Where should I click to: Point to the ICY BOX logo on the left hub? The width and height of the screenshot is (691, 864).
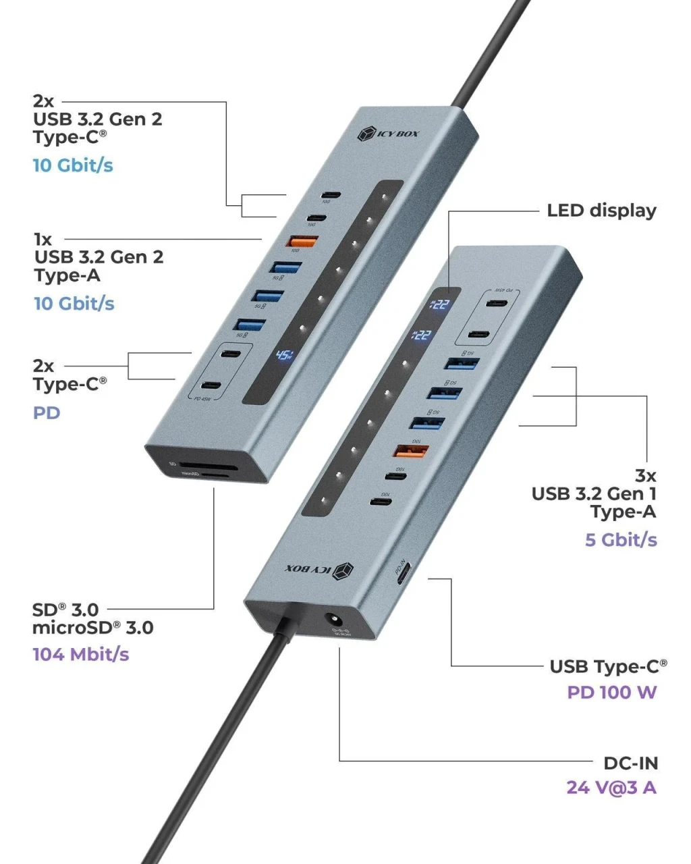[x=388, y=133]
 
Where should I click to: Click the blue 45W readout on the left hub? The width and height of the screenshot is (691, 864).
[x=283, y=356]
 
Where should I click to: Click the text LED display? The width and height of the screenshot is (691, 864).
[x=601, y=211]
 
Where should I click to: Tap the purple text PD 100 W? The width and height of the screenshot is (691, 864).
[x=611, y=693]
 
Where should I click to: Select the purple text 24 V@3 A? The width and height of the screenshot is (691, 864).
[x=611, y=788]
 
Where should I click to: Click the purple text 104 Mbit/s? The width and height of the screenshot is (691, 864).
[x=80, y=654]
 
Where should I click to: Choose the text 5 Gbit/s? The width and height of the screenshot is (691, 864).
[x=620, y=539]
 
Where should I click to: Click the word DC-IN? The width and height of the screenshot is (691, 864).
[x=630, y=763]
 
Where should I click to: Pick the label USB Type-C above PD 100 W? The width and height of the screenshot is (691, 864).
[x=608, y=667]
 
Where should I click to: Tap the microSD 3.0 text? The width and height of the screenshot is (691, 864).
[x=92, y=628]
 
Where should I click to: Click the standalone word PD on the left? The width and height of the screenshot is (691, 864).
[x=47, y=412]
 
